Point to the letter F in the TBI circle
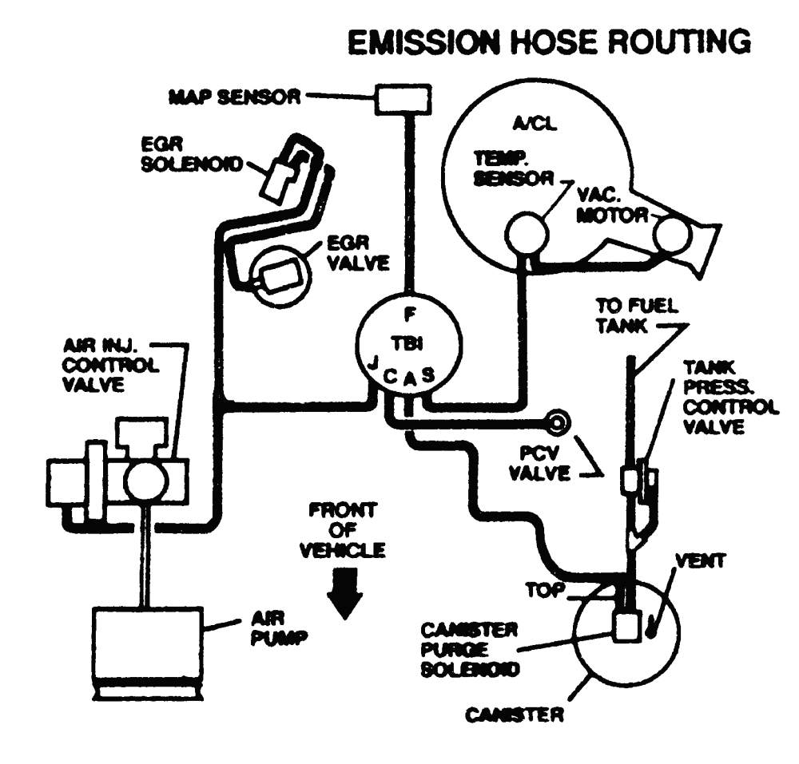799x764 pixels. pyautogui.click(x=408, y=312)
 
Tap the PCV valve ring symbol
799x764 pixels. pyautogui.click(x=556, y=421)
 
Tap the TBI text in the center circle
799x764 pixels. pyautogui.click(x=408, y=343)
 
